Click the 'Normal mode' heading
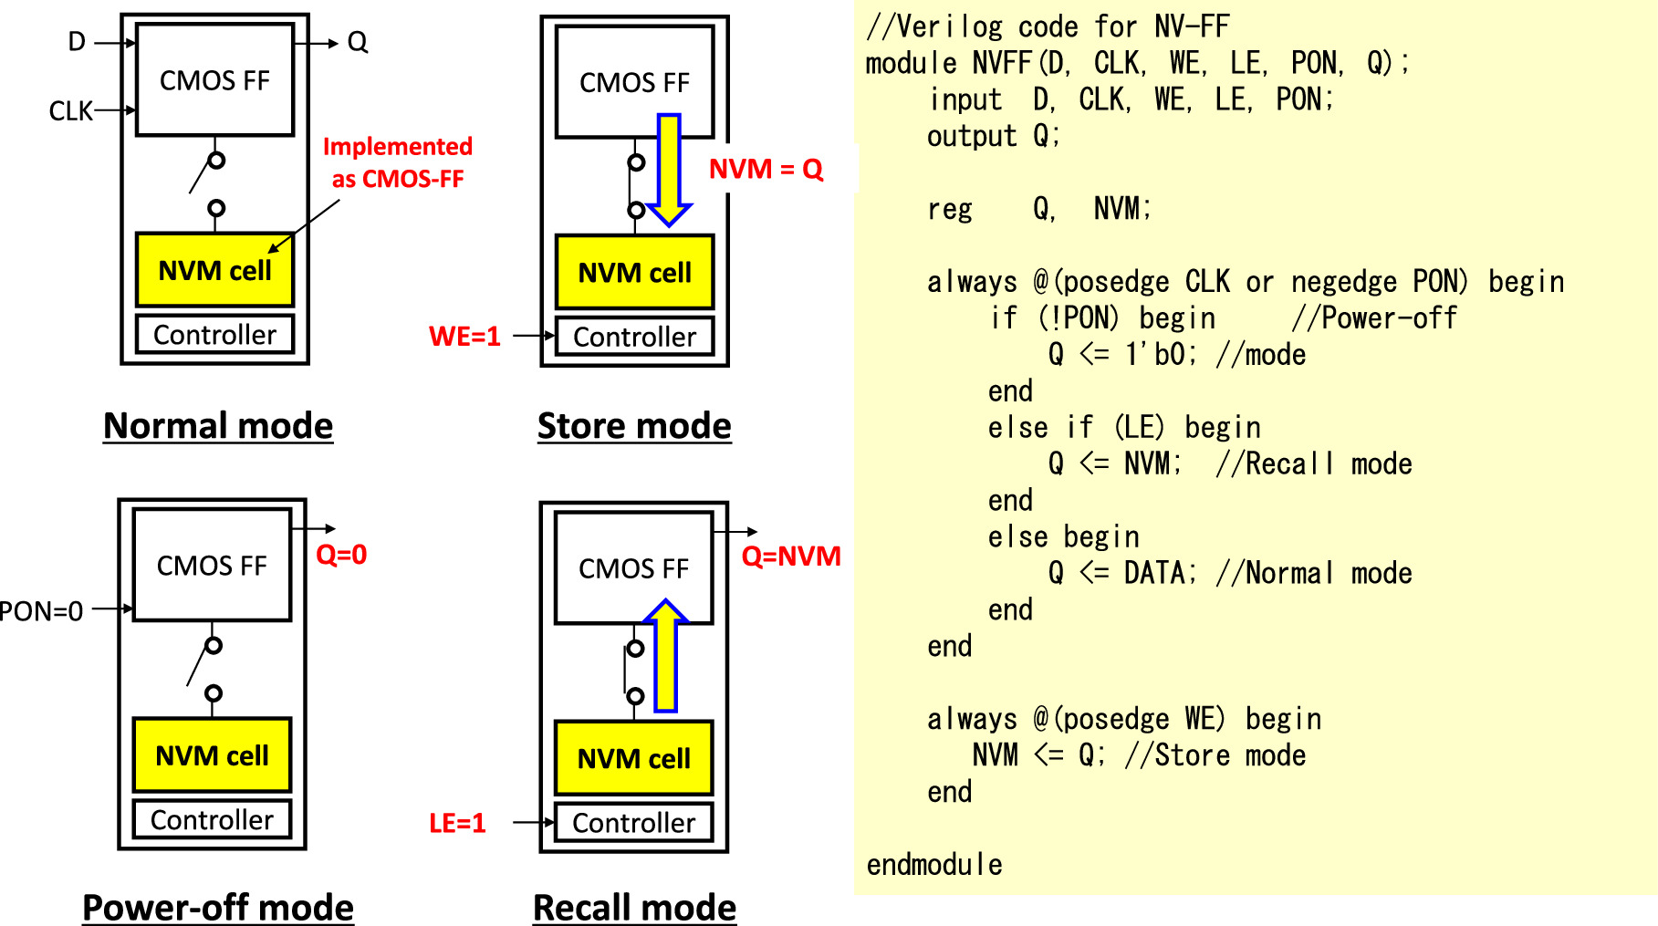218,426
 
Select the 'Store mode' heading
634,426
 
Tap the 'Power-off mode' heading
218,908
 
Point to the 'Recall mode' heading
634,908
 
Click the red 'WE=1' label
464,337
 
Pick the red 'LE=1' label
457,823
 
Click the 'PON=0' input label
42,610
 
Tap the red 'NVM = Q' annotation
766,169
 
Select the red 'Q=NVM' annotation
790,556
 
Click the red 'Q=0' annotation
341,554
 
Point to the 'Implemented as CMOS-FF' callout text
398,162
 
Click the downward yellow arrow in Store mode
670,170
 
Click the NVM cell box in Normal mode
214,270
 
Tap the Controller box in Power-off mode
212,819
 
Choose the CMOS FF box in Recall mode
633,568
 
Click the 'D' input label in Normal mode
77,42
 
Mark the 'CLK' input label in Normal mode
70,111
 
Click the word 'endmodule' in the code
934,864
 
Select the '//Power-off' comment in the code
1374,317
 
